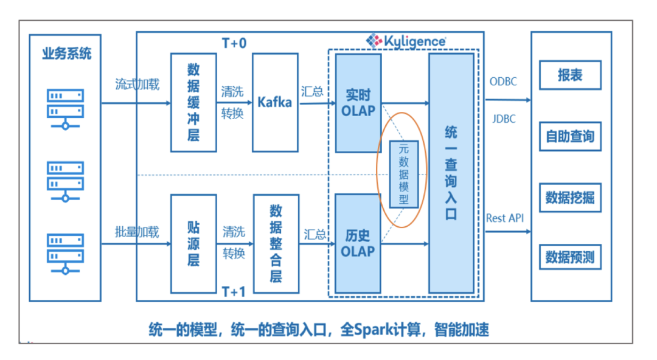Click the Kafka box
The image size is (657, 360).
[x=276, y=102]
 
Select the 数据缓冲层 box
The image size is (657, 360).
[x=193, y=102]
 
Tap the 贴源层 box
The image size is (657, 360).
[x=193, y=244]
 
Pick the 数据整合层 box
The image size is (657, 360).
[x=276, y=244]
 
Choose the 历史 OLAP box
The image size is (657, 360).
[x=357, y=243]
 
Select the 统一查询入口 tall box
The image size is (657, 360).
[x=451, y=173]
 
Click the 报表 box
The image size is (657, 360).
[x=570, y=75]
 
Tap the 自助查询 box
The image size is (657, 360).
[x=570, y=136]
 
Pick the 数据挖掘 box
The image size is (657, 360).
[x=570, y=198]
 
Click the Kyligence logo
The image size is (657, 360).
[x=406, y=40]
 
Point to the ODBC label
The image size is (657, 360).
[x=502, y=81]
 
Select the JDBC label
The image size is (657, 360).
[x=502, y=119]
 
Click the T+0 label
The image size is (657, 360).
[x=234, y=43]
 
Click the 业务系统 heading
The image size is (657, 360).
[x=66, y=54]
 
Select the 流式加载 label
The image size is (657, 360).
[x=137, y=85]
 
